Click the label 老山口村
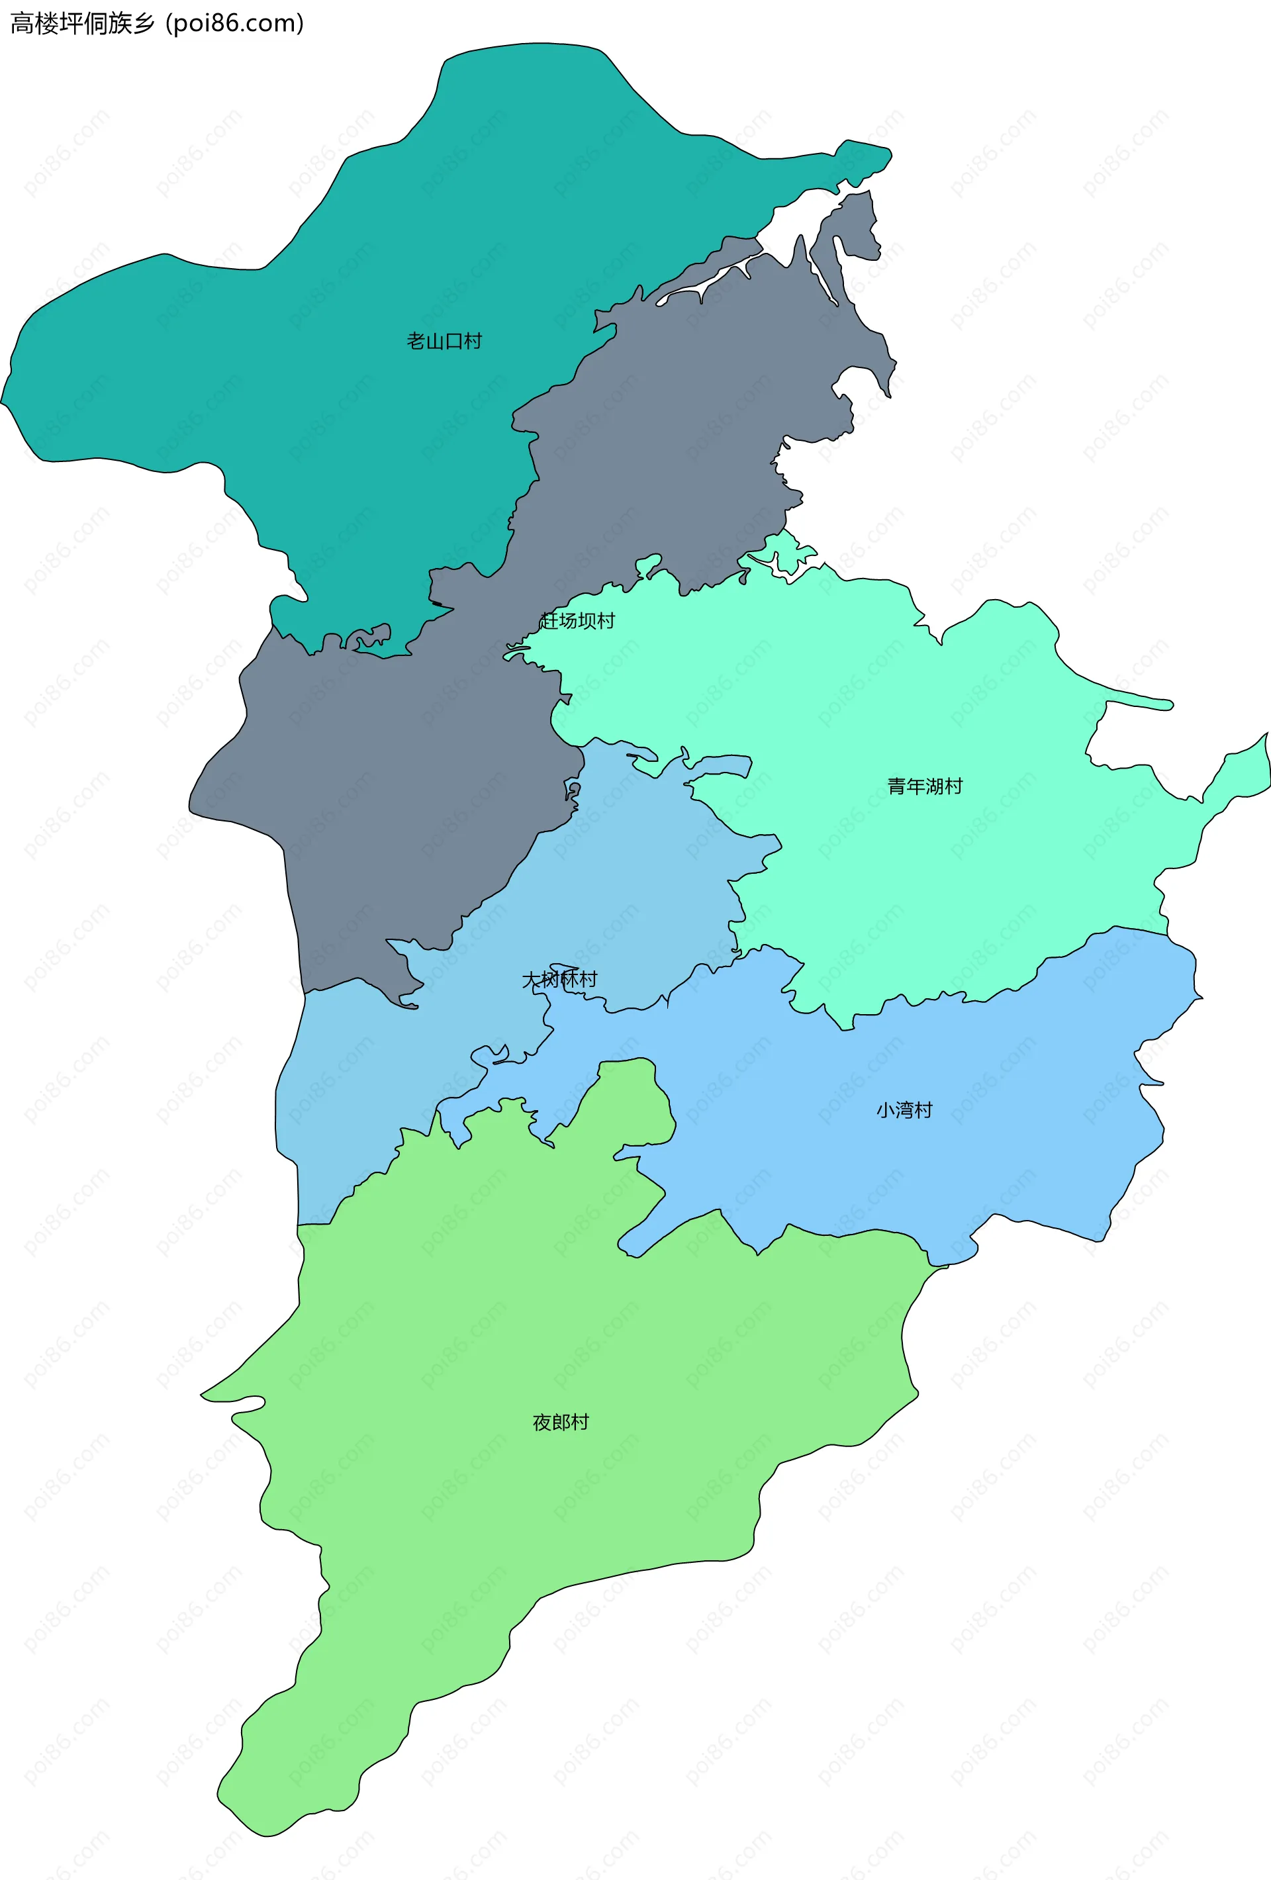444,342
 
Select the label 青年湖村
925,786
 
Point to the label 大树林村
559,980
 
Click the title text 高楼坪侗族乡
81,23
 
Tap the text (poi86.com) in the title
234,23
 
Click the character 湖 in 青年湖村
935,786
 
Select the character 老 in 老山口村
416,342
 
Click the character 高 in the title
22,23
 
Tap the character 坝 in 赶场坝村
587,620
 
